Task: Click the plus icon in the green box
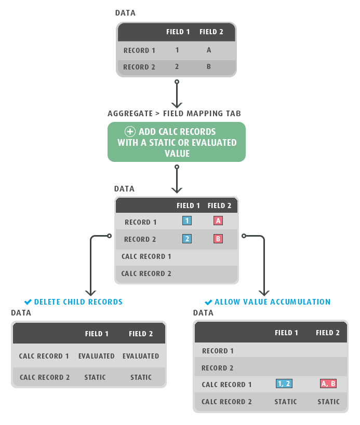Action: (x=130, y=131)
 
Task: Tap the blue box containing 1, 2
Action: (x=284, y=383)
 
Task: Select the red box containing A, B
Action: (x=328, y=383)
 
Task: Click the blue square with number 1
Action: (x=187, y=221)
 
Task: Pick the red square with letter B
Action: (x=218, y=239)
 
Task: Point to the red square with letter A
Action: (x=218, y=221)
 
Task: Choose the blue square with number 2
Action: (x=187, y=239)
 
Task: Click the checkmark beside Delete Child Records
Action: (x=28, y=301)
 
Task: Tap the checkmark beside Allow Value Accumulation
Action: (x=208, y=302)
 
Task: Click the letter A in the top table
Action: (x=209, y=50)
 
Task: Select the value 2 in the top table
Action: (x=177, y=66)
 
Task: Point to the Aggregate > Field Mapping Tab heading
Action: (x=174, y=114)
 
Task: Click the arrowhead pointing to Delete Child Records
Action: (x=90, y=293)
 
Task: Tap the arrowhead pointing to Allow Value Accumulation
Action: (x=264, y=293)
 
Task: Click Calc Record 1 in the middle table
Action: (x=146, y=256)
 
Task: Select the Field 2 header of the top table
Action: (x=211, y=32)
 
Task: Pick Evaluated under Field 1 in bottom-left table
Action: (x=96, y=356)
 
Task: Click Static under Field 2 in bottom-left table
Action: (x=141, y=377)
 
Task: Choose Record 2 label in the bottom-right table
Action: (x=217, y=368)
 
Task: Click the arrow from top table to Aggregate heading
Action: (x=177, y=94)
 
